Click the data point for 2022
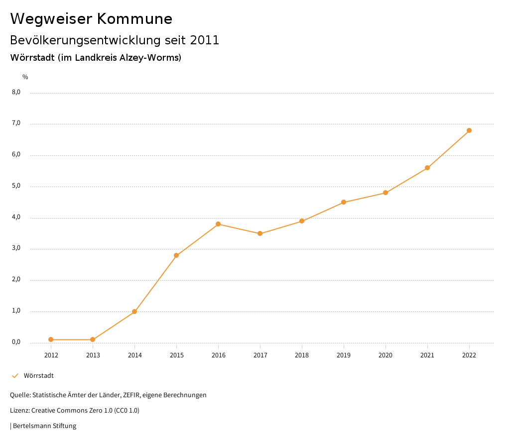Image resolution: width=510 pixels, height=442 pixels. click(x=469, y=130)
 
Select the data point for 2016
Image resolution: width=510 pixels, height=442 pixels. click(x=218, y=224)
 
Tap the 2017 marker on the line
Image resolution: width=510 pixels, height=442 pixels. click(x=260, y=233)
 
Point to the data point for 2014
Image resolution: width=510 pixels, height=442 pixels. click(x=134, y=312)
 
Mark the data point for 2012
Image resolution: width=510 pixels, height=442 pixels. click(x=51, y=339)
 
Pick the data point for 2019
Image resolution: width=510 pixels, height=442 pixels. click(x=344, y=202)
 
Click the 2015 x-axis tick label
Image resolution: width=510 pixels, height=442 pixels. click(x=176, y=355)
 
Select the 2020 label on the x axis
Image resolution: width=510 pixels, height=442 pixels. click(x=385, y=355)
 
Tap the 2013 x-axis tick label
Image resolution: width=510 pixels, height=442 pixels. click(x=93, y=355)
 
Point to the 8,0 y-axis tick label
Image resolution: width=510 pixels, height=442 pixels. click(x=16, y=92)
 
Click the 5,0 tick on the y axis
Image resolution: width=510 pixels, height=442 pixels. click(x=16, y=186)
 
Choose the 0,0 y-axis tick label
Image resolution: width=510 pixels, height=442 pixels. click(x=16, y=342)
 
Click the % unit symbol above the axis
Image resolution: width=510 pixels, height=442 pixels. click(x=25, y=77)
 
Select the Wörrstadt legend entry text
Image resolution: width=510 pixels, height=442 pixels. click(x=39, y=376)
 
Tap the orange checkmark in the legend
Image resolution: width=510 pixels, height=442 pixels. click(x=15, y=376)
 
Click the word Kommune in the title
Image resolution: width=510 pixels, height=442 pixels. click(x=134, y=19)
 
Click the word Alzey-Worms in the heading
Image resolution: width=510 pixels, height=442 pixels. click(x=149, y=58)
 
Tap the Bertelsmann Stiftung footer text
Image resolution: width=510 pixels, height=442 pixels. click(x=44, y=426)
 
